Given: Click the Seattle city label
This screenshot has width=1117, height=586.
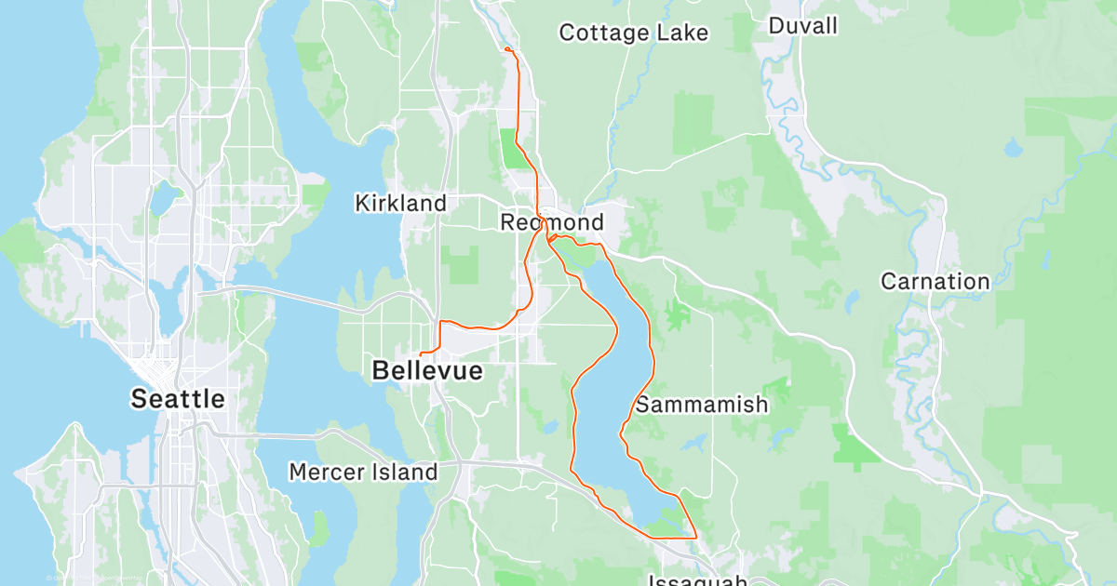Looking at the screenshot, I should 177,400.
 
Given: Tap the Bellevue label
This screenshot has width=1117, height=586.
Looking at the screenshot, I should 427,371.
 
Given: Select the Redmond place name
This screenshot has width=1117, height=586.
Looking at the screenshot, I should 551,223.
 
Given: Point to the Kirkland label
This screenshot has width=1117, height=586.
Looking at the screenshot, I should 400,203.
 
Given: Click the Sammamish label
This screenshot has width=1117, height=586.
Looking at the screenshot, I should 702,405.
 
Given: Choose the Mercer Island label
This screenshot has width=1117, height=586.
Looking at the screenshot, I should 363,472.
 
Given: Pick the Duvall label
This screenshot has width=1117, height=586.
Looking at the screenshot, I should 802,26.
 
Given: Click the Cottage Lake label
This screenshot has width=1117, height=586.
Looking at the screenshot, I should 633,33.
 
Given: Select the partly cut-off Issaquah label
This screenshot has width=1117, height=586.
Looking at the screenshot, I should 698,580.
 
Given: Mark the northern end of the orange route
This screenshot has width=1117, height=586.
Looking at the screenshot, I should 505,47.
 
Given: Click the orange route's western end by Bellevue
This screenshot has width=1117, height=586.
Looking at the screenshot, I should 421,354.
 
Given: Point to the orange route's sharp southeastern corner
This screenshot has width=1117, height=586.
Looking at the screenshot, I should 696,538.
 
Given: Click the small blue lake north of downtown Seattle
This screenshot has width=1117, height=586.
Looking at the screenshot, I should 165,198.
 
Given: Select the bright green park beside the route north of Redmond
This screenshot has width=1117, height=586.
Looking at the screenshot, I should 512,150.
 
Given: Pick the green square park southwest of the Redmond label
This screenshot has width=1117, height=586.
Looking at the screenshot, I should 464,265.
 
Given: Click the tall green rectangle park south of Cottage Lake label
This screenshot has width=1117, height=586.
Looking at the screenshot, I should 691,123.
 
